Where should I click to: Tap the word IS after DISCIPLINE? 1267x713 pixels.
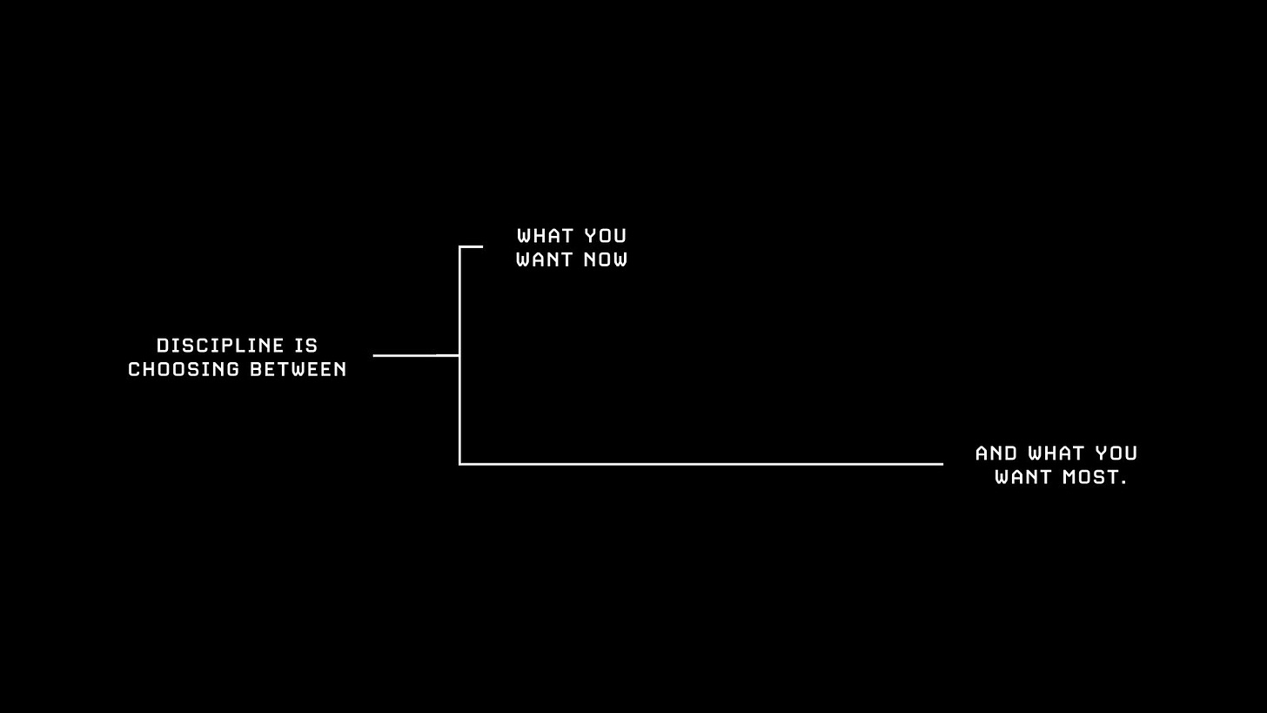tap(307, 346)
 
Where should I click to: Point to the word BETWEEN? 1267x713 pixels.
tap(298, 369)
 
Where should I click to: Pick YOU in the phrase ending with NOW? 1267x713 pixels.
tap(606, 236)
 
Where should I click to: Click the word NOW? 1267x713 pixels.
tap(606, 259)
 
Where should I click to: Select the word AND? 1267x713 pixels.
tap(996, 454)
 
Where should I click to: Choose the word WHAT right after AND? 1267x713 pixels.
tap(1057, 454)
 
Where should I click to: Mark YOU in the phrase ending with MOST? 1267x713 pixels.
tap(1116, 454)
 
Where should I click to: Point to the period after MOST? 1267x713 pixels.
tap(1124, 482)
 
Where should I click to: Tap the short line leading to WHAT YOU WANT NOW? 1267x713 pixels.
tap(472, 247)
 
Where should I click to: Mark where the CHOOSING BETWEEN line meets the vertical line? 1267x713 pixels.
tap(459, 355)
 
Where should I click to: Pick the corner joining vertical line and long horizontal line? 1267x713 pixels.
tap(459, 464)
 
